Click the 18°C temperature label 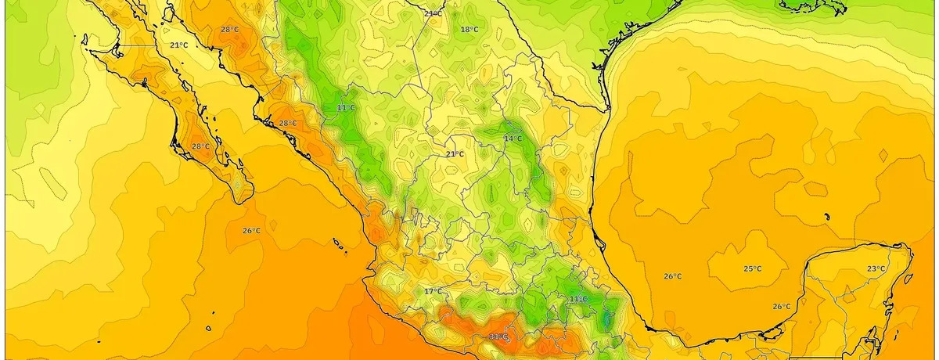(469, 30)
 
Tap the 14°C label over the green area (513, 139)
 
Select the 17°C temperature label (433, 292)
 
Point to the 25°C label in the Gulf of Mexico (752, 269)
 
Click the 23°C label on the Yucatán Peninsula (876, 268)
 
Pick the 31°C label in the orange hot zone (498, 337)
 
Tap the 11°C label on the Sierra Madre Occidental (346, 107)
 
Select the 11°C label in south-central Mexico (578, 299)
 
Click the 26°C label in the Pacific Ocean (250, 231)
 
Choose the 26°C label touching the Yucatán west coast (781, 306)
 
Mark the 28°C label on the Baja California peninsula (200, 146)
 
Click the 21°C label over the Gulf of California (178, 45)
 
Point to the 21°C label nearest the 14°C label (455, 154)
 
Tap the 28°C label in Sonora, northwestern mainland (229, 30)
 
